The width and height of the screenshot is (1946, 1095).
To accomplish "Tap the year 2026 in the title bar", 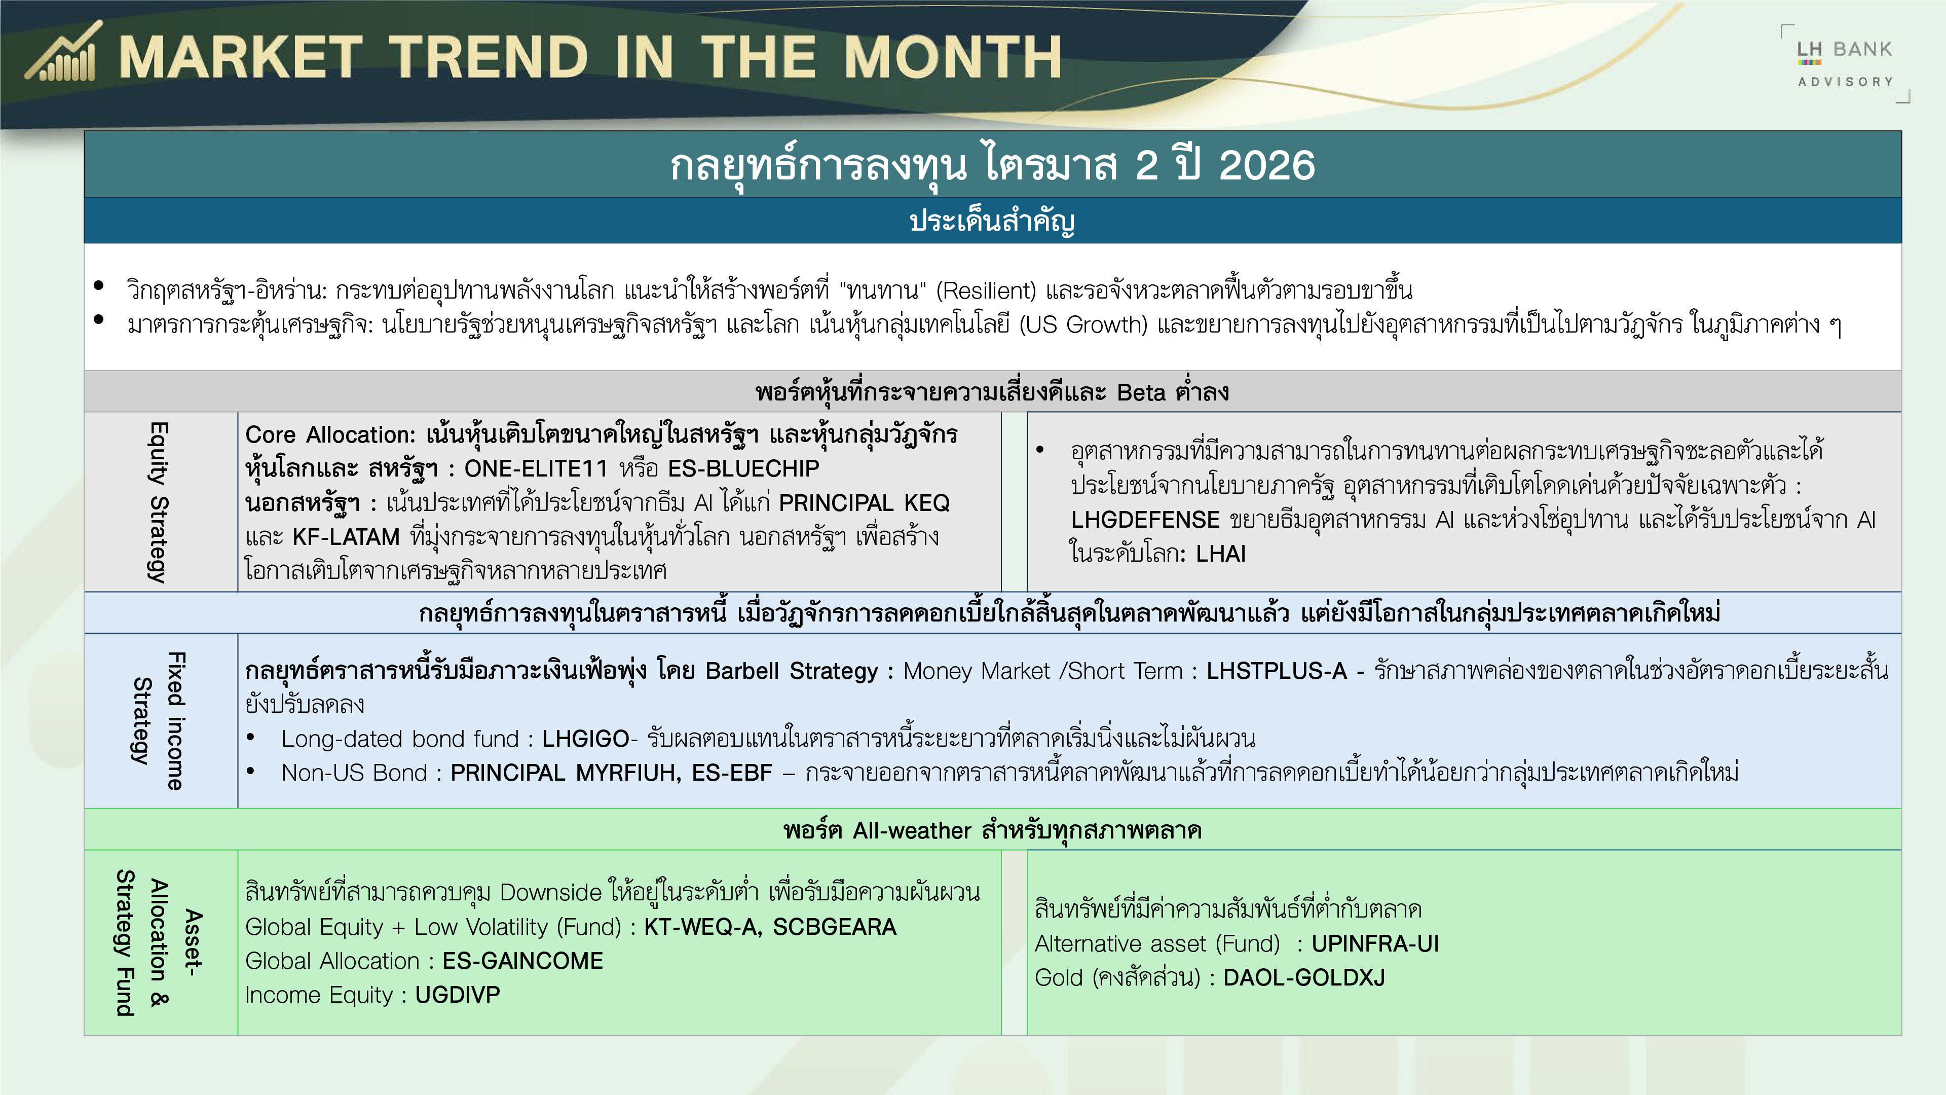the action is tap(1267, 165).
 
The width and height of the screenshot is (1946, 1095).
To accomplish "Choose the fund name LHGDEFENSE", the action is tap(1145, 520).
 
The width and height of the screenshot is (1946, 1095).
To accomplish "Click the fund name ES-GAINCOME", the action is tap(523, 961).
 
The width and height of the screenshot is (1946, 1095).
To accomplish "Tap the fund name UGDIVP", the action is tap(458, 995).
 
